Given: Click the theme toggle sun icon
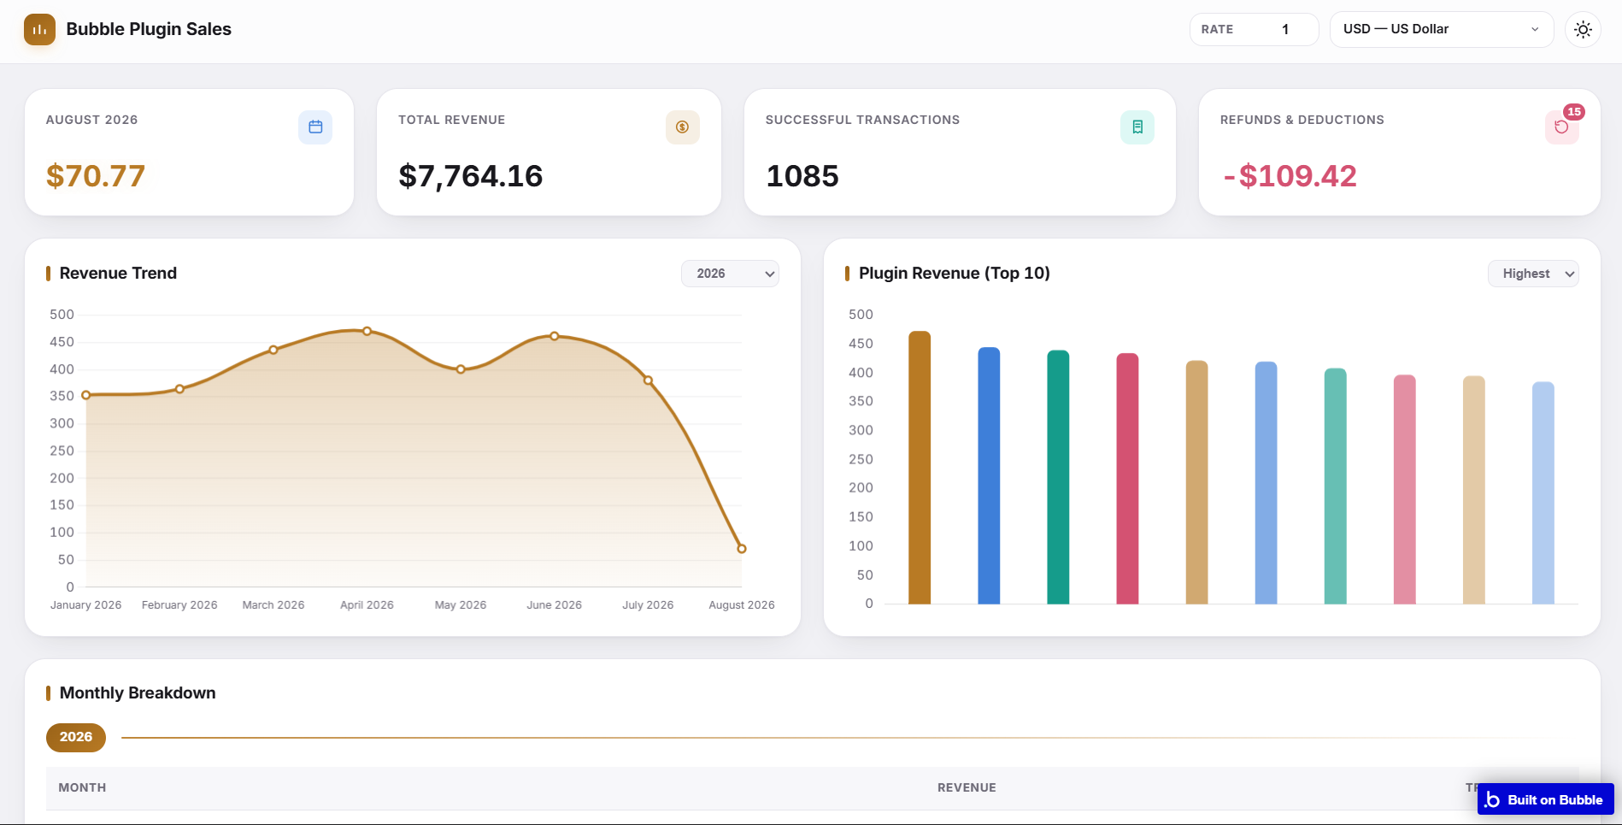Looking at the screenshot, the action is click(1583, 29).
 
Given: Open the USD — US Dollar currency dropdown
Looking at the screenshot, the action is click(1442, 29).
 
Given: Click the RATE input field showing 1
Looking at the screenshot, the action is click(1255, 29).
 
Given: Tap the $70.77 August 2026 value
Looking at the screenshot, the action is click(96, 176).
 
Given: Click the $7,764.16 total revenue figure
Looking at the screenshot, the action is click(471, 176).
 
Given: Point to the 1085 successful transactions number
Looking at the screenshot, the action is click(802, 176).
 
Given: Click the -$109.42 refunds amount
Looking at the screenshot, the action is click(1290, 176).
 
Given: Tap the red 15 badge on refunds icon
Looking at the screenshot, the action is click(1573, 112).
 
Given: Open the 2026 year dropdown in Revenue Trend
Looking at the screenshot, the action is click(730, 274).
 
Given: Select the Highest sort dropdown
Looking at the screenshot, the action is click(1533, 274).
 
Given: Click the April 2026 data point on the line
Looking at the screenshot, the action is click(367, 331).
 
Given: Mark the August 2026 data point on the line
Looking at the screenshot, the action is click(742, 549).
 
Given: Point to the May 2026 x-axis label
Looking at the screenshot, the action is click(461, 604).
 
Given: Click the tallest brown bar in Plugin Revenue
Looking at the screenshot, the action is click(920, 468).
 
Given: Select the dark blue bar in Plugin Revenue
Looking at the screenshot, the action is click(989, 475).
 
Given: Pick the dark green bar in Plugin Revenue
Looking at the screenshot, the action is click(1058, 477).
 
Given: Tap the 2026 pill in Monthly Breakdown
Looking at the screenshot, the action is click(76, 737).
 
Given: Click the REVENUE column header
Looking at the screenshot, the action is click(967, 787).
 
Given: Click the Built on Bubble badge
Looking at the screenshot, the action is click(1545, 799).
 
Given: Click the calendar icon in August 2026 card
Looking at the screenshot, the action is click(315, 127).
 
